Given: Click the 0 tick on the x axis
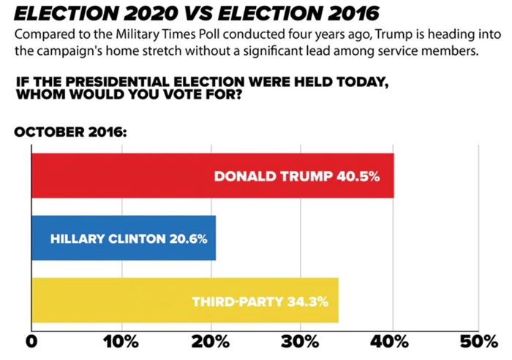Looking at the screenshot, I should pyautogui.click(x=31, y=342).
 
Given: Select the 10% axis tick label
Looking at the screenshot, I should pyautogui.click(x=120, y=342).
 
